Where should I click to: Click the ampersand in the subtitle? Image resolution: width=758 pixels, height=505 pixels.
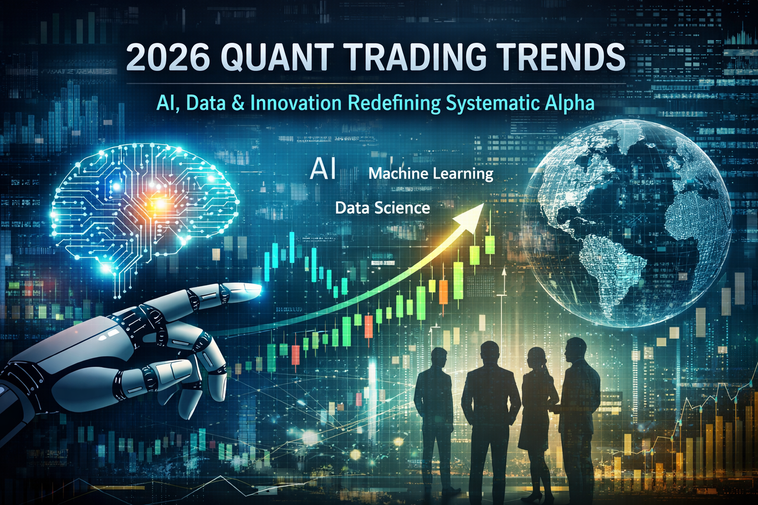click(x=237, y=103)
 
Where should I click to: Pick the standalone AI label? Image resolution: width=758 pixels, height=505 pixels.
click(x=323, y=170)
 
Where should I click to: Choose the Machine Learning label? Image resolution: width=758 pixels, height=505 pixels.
click(x=431, y=174)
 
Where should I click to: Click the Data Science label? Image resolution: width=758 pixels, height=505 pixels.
click(x=382, y=208)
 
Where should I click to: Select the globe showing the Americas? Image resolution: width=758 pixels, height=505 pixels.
click(x=627, y=222)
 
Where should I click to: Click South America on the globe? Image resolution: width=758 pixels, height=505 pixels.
click(x=612, y=266)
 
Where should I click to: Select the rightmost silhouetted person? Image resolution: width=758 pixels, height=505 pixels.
click(x=577, y=404)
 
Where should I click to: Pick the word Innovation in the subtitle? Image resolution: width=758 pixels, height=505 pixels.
click(x=296, y=103)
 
